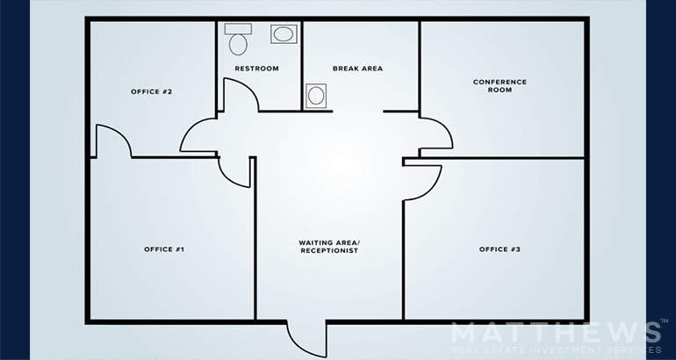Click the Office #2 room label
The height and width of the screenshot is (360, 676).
click(151, 92)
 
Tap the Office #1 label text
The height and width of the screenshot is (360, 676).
click(164, 249)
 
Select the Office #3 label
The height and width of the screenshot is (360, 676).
click(500, 249)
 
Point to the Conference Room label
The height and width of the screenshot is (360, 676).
click(500, 86)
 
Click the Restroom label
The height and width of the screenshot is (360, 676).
click(256, 68)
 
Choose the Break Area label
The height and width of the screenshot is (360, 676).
click(357, 68)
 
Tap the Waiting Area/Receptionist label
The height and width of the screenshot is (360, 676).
click(329, 247)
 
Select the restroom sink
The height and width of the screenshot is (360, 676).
click(284, 34)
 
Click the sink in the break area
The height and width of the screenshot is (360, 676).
click(316, 96)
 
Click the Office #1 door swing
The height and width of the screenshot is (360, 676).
click(227, 179)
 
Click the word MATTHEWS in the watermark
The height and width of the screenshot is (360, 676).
click(556, 333)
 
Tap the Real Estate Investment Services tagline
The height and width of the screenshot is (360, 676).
click(556, 349)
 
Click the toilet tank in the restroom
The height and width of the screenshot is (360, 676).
click(238, 29)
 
